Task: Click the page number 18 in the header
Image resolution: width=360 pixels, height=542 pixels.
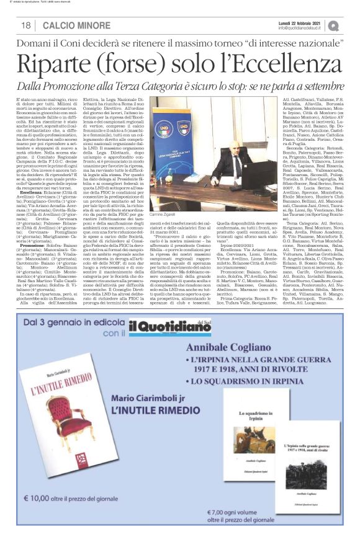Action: (x=25, y=25)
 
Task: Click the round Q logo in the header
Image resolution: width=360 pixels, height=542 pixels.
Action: (x=351, y=25)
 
